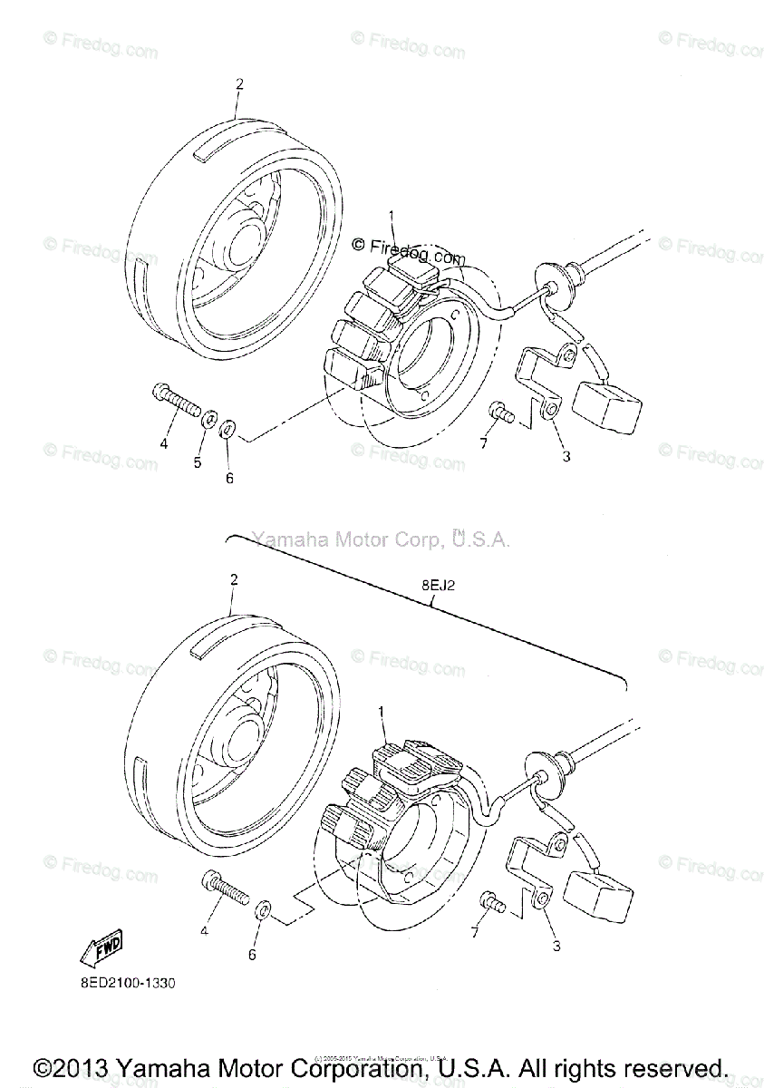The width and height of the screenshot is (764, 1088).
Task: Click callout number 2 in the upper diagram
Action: pos(239,84)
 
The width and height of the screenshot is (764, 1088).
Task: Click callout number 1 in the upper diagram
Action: pos(392,216)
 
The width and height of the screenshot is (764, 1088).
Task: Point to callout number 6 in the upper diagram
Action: pos(229,478)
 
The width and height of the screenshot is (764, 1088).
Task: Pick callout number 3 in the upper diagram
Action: pos(566,457)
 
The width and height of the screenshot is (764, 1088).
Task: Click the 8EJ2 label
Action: pos(439,586)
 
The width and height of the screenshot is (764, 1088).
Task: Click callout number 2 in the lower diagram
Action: pos(233,578)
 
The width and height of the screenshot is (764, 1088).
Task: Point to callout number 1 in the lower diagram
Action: pos(382,714)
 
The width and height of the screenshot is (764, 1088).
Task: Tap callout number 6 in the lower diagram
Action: pos(252,955)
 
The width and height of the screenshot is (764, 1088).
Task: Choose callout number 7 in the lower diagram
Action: pos(472,932)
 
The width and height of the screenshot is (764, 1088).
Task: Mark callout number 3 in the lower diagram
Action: pos(556,947)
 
